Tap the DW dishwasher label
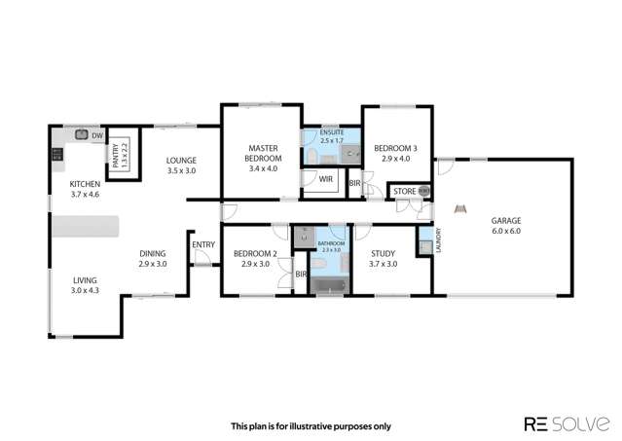click(x=96, y=137)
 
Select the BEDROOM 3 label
click(x=398, y=153)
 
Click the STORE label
click(x=404, y=192)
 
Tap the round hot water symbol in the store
click(x=422, y=192)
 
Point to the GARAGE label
click(x=504, y=226)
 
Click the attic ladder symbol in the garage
click(x=462, y=207)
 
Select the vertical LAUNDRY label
click(x=439, y=238)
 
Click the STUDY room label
click(x=384, y=258)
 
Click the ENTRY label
click(x=203, y=244)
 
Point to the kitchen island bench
click(x=86, y=226)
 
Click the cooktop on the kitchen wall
click(x=55, y=154)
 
